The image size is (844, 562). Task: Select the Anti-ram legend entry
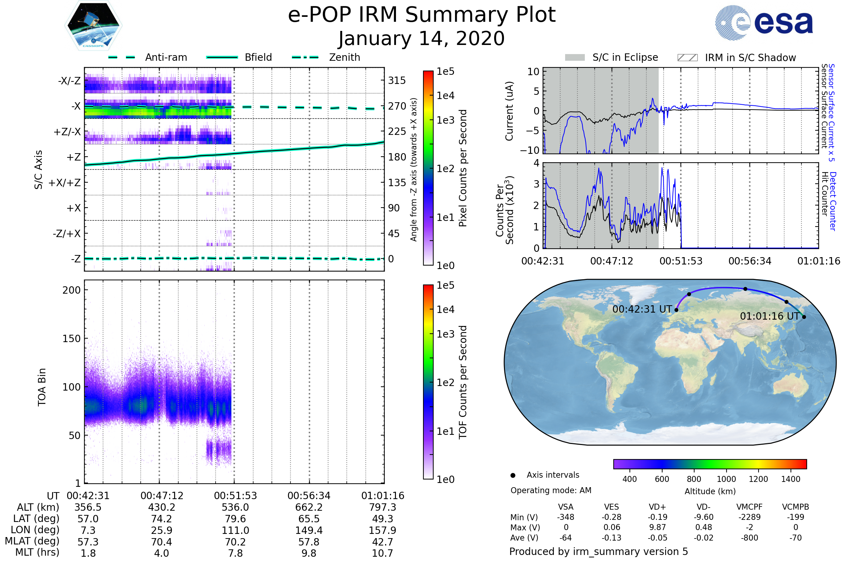[148, 57]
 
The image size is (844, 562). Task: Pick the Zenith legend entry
[326, 57]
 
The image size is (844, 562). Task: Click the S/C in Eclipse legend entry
[611, 58]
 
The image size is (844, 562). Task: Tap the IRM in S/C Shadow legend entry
[736, 58]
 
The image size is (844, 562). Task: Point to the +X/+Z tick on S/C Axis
[65, 183]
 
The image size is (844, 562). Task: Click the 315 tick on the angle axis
[397, 80]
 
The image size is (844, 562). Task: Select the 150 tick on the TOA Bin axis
[71, 338]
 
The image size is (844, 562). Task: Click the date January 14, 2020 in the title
[422, 39]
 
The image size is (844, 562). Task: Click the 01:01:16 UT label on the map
[770, 316]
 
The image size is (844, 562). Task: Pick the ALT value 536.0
[235, 507]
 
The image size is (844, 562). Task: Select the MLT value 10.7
[383, 553]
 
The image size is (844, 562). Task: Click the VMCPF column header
[749, 507]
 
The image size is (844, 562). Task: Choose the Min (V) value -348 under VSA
[565, 517]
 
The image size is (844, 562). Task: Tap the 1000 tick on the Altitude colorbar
[726, 479]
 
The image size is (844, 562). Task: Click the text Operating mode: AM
[551, 490]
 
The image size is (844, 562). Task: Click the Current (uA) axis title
[509, 111]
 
